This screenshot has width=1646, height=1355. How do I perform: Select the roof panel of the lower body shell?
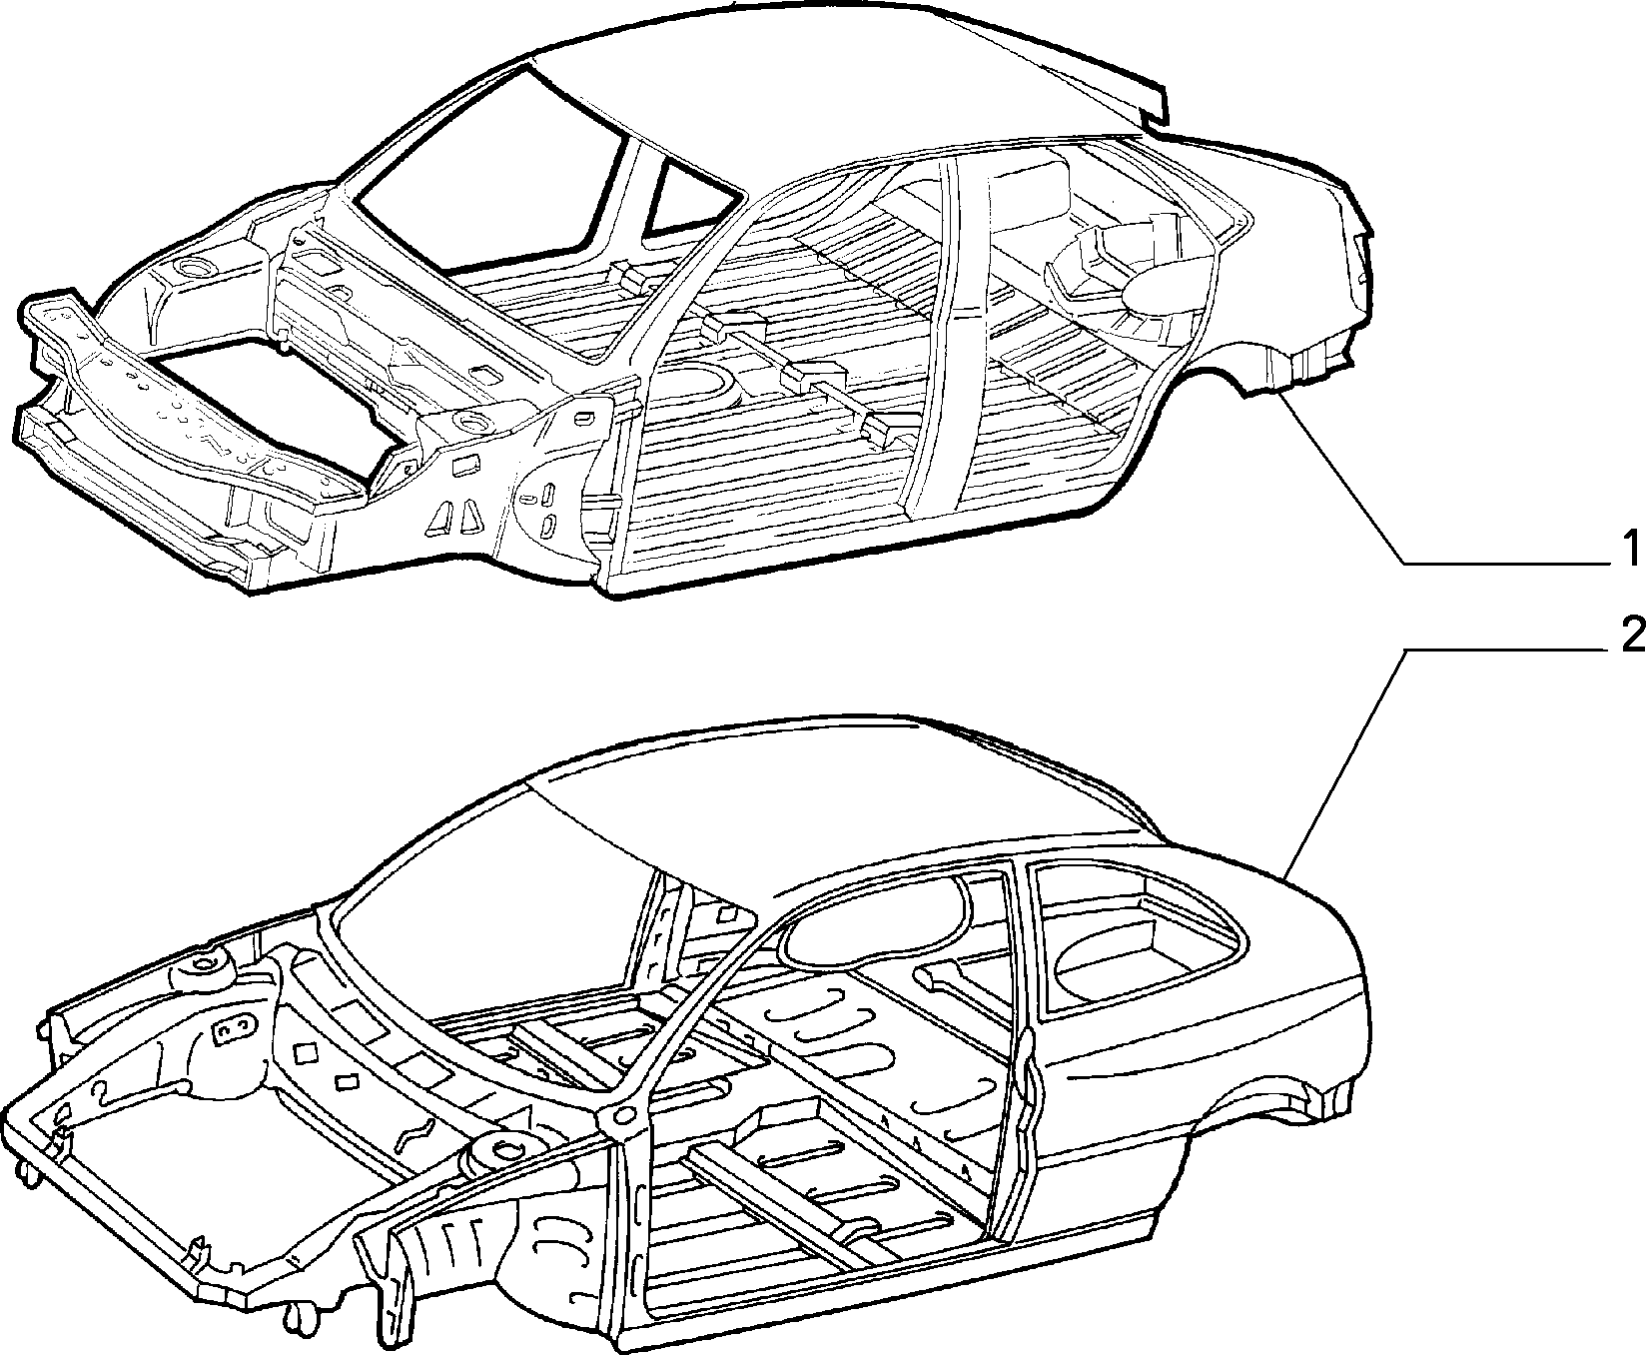(x=849, y=779)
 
